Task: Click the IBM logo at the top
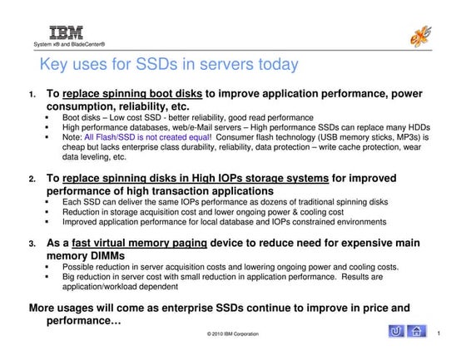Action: pos(61,33)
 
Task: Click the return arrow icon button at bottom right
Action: pos(398,333)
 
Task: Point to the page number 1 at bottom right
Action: pos(448,333)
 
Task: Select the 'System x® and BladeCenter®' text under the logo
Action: pos(68,44)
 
